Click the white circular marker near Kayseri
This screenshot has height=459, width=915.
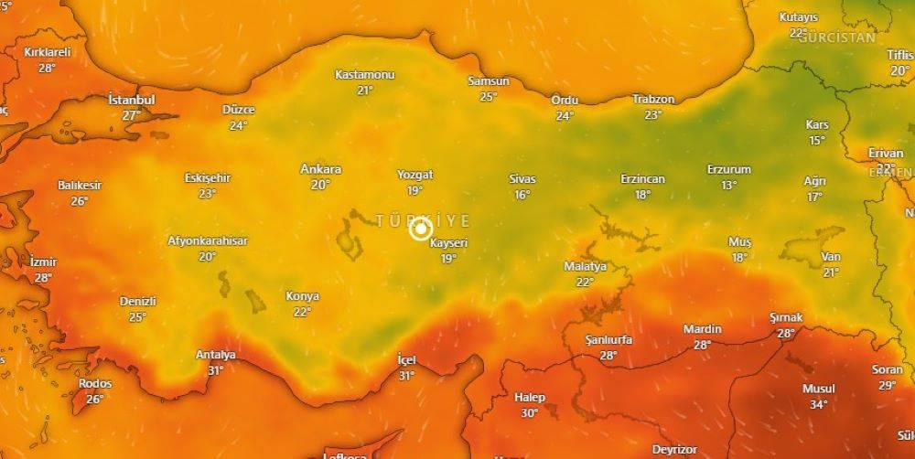[420, 229]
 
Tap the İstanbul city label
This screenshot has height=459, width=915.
[132, 99]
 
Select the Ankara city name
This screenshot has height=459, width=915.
[320, 169]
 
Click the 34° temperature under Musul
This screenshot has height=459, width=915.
[818, 404]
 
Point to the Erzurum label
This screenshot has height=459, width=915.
[728, 169]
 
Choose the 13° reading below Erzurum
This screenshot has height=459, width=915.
[728, 185]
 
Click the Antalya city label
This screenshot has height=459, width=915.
[216, 355]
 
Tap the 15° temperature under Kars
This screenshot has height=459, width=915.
[816, 140]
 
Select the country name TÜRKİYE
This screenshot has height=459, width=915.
[423, 220]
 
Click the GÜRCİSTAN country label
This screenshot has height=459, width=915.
[836, 37]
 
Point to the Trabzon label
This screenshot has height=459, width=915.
[653, 99]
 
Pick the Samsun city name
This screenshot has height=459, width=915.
[488, 80]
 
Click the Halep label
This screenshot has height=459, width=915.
[529, 398]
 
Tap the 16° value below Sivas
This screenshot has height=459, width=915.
[522, 195]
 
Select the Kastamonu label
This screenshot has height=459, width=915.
[364, 74]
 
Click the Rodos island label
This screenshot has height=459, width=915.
[95, 383]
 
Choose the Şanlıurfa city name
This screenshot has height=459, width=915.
[608, 340]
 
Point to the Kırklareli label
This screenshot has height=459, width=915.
[48, 52]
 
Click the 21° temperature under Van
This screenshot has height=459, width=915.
[830, 272]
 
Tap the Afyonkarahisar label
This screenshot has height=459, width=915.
[207, 240]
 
